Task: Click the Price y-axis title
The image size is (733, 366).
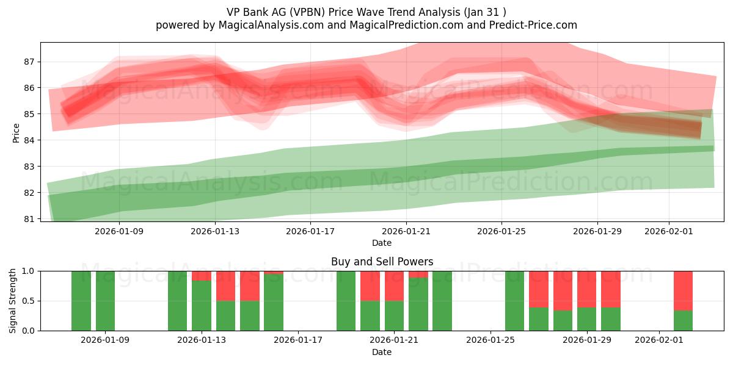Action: (16, 132)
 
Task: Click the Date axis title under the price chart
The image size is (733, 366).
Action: (382, 243)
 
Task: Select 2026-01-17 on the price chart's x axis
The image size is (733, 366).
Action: (311, 231)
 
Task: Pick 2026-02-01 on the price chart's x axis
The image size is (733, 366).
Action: (669, 231)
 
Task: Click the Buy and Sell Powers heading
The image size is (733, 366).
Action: (382, 262)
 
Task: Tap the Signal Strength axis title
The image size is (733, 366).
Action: (13, 301)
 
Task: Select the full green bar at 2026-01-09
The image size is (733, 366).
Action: (105, 301)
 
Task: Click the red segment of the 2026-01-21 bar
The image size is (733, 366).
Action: (394, 285)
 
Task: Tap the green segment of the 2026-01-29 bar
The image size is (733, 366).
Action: (586, 319)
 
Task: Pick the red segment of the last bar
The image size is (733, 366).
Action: (683, 290)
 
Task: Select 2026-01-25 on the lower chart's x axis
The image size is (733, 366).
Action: (490, 340)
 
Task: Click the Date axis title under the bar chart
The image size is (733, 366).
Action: (382, 352)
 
